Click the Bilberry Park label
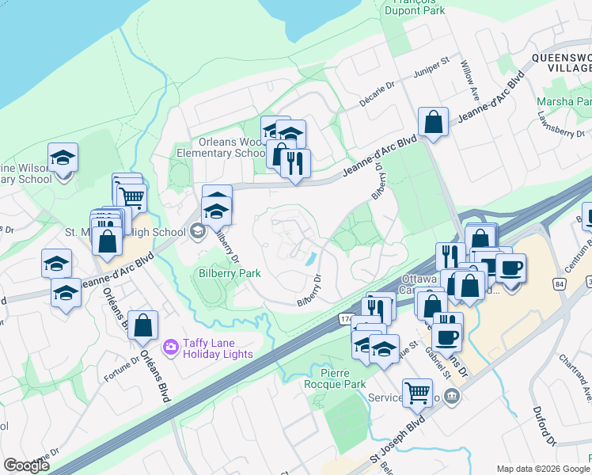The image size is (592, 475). click(229, 273)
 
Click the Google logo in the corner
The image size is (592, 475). click(26, 465)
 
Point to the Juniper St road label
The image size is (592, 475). click(433, 70)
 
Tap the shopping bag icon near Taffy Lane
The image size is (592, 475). click(142, 325)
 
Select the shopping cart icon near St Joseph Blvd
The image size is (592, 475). click(417, 391)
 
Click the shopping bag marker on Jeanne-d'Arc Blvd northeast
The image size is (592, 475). click(433, 123)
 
